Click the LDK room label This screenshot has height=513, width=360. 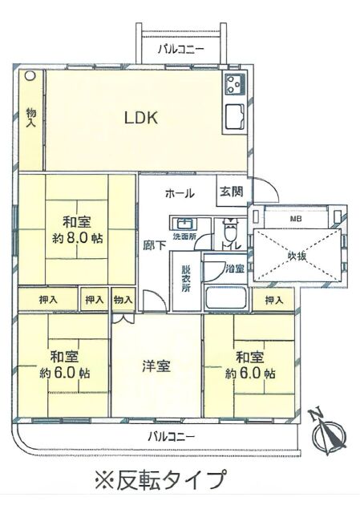click(141, 118)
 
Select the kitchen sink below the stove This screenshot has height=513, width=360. click(233, 118)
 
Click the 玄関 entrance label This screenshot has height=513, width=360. click(232, 192)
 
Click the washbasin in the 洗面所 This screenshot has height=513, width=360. click(185, 224)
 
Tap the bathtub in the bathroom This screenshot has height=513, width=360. click(225, 297)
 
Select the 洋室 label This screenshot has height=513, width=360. click(156, 366)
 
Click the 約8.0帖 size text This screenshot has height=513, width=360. click(78, 238)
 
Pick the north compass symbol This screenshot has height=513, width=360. click(328, 431)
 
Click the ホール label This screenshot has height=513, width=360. click(180, 193)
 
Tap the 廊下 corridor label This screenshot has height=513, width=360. click(155, 246)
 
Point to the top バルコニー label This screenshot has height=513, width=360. click(181, 50)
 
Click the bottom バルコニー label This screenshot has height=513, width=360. click(172, 436)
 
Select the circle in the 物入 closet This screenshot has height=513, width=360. click(30, 75)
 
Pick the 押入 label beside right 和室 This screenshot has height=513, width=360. click(273, 299)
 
